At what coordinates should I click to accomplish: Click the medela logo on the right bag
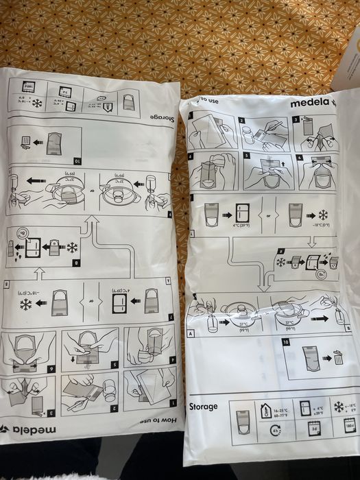click(311, 104)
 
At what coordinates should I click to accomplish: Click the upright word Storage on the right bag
click(204, 407)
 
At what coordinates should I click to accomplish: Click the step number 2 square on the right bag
click(242, 121)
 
